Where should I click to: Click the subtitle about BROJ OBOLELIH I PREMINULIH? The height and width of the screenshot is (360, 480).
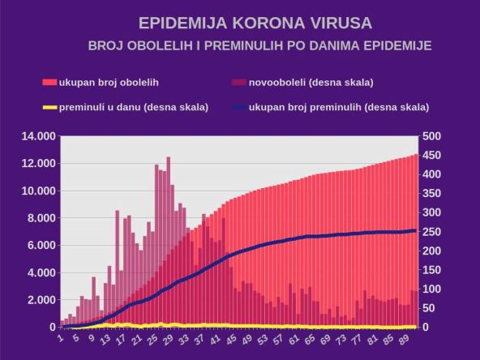click(x=259, y=46)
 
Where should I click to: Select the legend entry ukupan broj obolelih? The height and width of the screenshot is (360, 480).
click(x=108, y=83)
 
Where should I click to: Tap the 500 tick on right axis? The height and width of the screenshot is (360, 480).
click(x=431, y=136)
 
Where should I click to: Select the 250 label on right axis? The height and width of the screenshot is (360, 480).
click(x=431, y=232)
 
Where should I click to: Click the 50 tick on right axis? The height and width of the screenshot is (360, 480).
click(x=427, y=308)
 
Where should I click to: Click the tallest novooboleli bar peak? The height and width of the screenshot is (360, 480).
click(x=169, y=158)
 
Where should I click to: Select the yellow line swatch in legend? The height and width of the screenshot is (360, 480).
click(x=49, y=107)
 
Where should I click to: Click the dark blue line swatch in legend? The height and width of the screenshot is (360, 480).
click(x=239, y=107)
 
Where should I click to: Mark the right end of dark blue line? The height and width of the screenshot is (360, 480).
click(x=415, y=230)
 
